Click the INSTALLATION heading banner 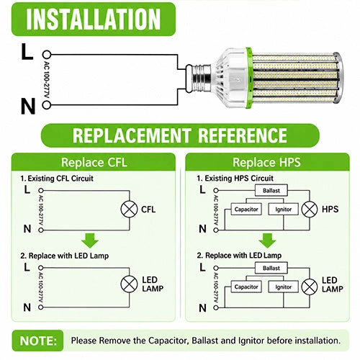[x=94, y=19]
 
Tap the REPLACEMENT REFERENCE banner [x=180, y=135]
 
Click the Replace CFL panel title [x=94, y=162]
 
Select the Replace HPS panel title [x=266, y=162]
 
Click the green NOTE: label [x=38, y=341]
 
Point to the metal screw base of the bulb [x=199, y=78]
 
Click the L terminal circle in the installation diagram [x=47, y=55]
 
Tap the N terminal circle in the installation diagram [x=47, y=105]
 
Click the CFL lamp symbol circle [x=129, y=210]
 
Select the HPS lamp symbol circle [x=310, y=210]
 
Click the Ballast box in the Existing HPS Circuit [x=271, y=191]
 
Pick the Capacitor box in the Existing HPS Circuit [x=246, y=210]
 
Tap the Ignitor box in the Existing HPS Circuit [x=284, y=210]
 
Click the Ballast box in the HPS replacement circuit [x=271, y=268]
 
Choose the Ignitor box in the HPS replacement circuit [x=284, y=287]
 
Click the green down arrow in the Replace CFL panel [x=90, y=240]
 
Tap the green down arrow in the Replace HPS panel [x=267, y=240]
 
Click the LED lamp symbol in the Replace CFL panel [x=129, y=284]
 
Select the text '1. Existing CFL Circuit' [x=57, y=179]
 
